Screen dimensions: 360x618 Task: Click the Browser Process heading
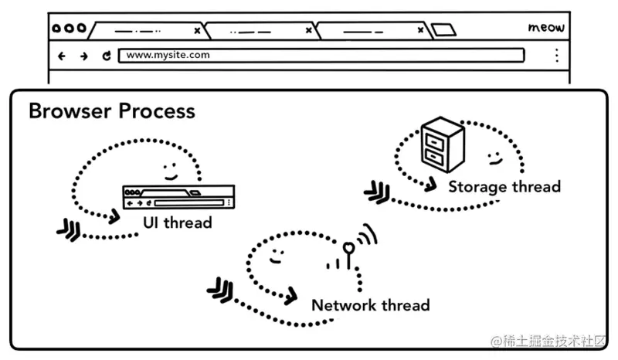pos(111,111)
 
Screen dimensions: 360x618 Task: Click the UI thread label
pos(177,222)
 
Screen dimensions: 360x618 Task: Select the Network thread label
pos(370,305)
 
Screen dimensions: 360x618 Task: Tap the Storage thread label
pos(504,186)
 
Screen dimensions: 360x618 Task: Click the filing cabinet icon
pos(442,144)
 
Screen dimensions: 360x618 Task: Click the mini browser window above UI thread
pos(178,197)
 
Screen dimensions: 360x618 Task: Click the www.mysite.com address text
pos(168,56)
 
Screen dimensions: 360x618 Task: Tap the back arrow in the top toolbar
pos(63,56)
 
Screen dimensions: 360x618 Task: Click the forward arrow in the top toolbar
pos(83,56)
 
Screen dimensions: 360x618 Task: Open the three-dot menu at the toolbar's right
pos(556,56)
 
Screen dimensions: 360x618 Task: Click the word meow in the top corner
pos(546,28)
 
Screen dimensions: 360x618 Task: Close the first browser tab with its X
pos(197,31)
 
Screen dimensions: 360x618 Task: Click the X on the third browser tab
pos(419,31)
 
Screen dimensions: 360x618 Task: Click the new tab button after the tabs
pos(443,31)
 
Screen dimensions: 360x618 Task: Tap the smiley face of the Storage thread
pos(493,158)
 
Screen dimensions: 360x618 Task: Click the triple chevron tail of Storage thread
pos(376,191)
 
